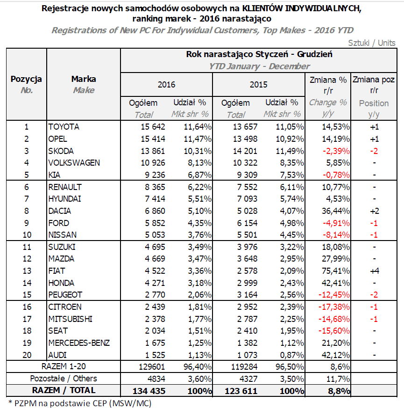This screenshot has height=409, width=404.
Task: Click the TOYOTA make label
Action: [x=64, y=127]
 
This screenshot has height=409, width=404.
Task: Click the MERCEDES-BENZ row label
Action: [x=79, y=343]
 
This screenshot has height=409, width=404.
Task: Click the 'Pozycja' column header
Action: [x=26, y=79]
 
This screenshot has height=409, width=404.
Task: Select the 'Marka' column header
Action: [x=84, y=79]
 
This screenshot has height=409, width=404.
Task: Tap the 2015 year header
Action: [x=258, y=85]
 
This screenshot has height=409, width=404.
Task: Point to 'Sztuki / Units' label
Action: [x=372, y=43]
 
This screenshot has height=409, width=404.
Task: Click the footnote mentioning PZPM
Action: [x=80, y=402]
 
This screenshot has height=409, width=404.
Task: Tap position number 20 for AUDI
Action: [x=26, y=354]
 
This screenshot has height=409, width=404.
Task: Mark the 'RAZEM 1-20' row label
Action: [x=64, y=366]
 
